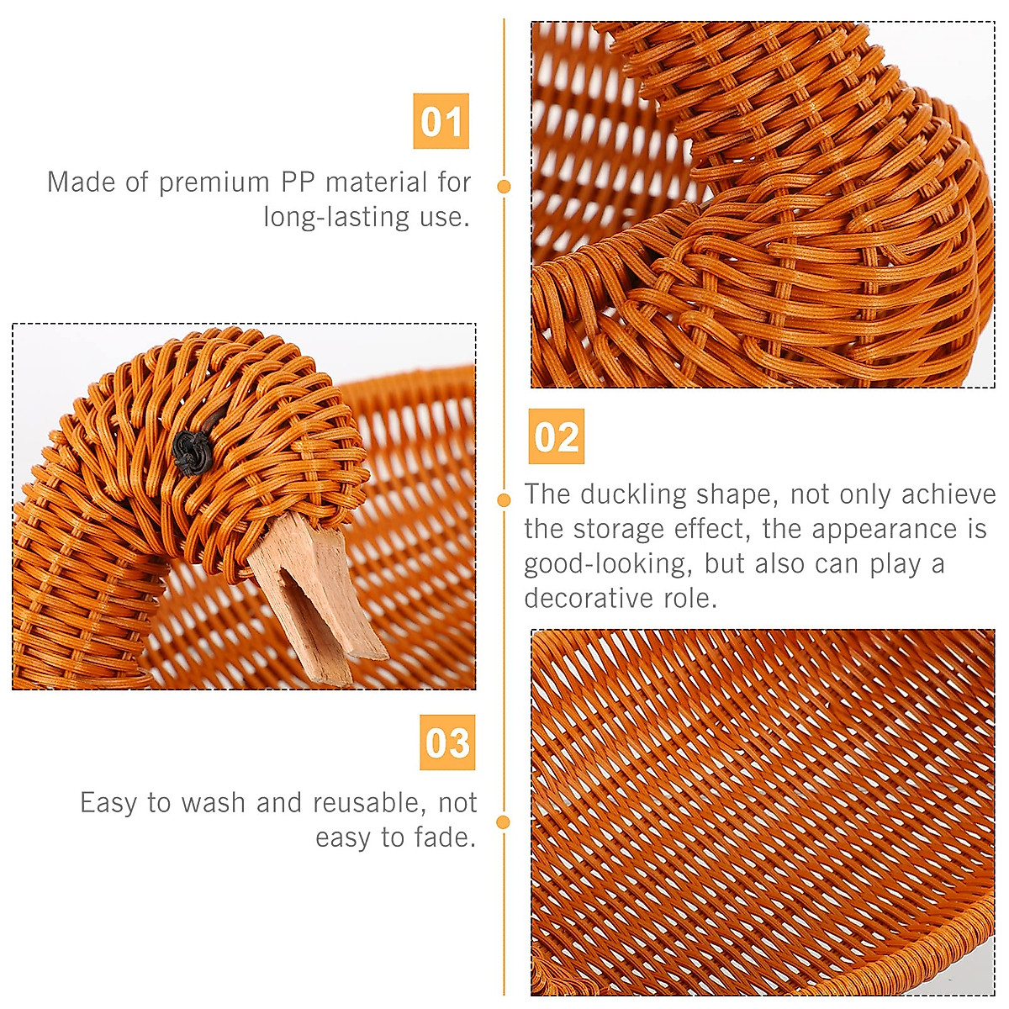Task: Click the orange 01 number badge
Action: (441, 122)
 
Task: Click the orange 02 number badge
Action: (556, 437)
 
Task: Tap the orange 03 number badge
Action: (447, 742)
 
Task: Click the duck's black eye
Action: (192, 452)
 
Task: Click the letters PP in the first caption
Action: (298, 182)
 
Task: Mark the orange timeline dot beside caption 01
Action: (504, 187)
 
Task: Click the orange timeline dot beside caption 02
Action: (504, 500)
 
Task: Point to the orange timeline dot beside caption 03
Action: (504, 821)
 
